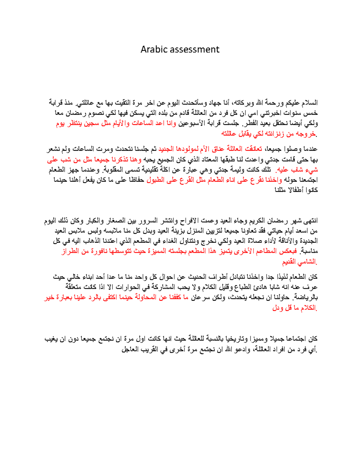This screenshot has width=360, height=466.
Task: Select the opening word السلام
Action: [x=309, y=103]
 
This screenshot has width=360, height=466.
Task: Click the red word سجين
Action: [x=92, y=123]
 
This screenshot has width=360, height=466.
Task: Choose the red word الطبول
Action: [x=155, y=180]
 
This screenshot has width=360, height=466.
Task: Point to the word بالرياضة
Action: [x=306, y=297]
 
